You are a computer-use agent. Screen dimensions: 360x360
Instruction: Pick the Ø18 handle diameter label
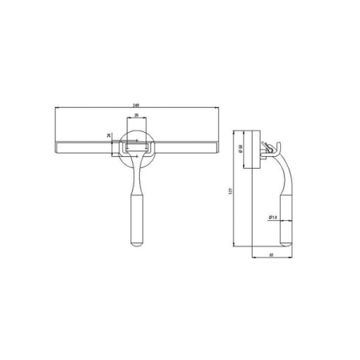tap(272, 217)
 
